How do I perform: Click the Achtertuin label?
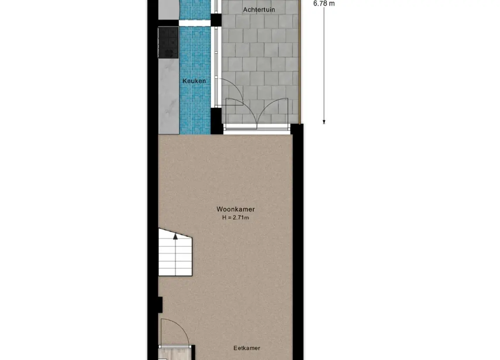pyautogui.click(x=259, y=9)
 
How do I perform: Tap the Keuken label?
pyautogui.click(x=194, y=81)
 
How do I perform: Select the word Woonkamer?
pyautogui.click(x=235, y=209)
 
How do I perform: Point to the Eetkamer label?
pyautogui.click(x=247, y=348)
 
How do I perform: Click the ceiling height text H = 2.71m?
pyautogui.click(x=235, y=217)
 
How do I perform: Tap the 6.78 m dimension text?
pyautogui.click(x=324, y=3)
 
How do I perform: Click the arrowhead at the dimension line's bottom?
pyautogui.click(x=324, y=122)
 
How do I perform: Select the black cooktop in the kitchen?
pyautogui.click(x=168, y=42)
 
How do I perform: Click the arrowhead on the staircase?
pyautogui.click(x=176, y=236)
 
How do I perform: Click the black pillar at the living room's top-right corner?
pyautogui.click(x=297, y=129)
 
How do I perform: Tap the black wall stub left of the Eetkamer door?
pyautogui.click(x=160, y=305)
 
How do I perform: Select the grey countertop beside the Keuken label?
pyautogui.click(x=169, y=96)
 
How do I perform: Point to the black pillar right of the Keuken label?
pyautogui.click(x=216, y=121)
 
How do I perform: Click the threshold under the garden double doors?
pyautogui.click(x=257, y=127)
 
